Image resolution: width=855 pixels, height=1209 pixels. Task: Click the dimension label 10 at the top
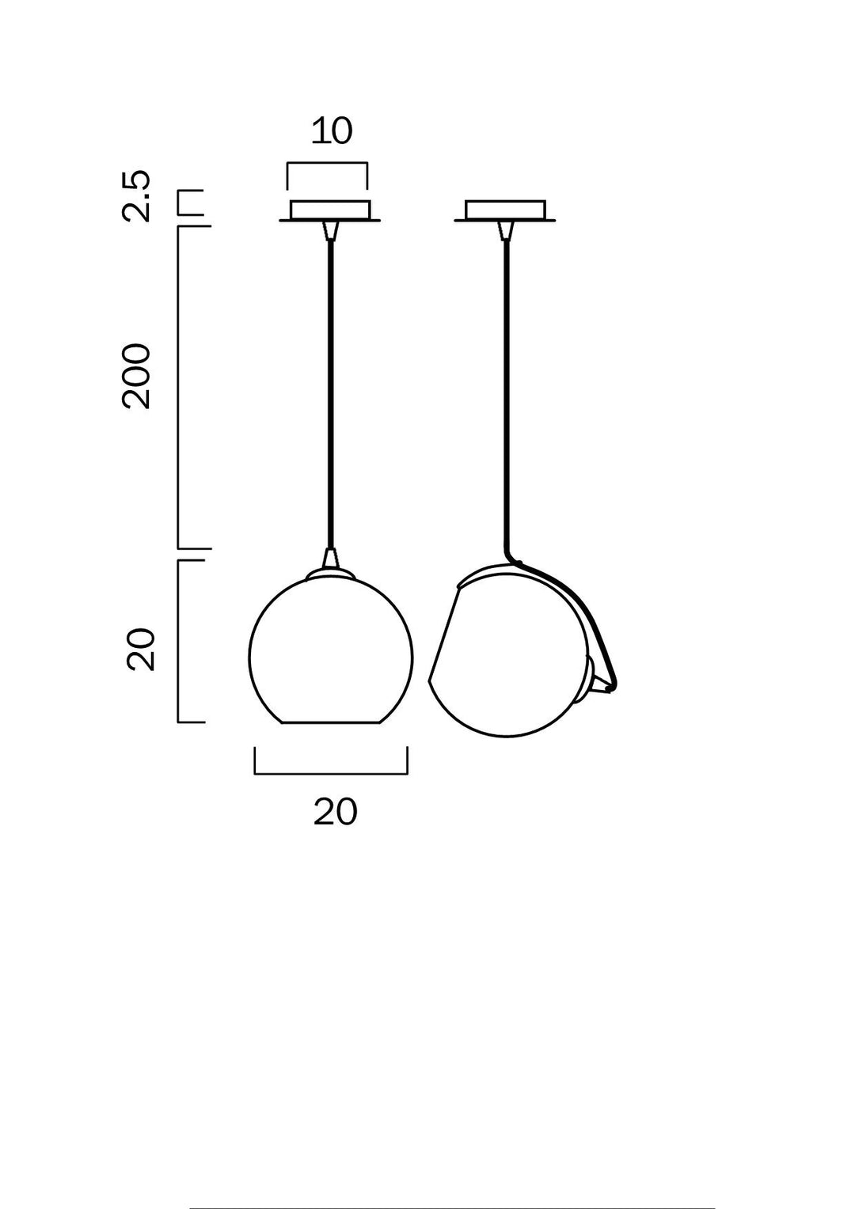click(x=331, y=131)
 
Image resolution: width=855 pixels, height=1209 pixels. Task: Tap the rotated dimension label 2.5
click(x=136, y=195)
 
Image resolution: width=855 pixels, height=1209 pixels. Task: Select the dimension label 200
click(x=136, y=376)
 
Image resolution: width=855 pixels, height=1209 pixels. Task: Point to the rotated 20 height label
click(x=141, y=650)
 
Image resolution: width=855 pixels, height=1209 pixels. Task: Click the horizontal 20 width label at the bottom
click(x=335, y=812)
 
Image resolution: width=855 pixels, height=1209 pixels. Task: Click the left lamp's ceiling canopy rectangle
click(x=330, y=210)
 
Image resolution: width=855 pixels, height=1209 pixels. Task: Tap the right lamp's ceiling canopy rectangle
click(x=505, y=210)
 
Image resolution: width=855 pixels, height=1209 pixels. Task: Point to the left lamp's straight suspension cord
click(x=331, y=396)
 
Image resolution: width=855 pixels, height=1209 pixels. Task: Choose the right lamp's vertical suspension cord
click(x=506, y=396)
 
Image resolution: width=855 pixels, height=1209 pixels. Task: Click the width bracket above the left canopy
click(x=327, y=164)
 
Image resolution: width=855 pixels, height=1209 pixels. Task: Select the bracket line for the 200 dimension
click(x=178, y=388)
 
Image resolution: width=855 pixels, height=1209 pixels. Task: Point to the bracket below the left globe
click(x=331, y=773)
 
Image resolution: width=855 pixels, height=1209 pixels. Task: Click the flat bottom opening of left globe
click(x=331, y=722)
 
